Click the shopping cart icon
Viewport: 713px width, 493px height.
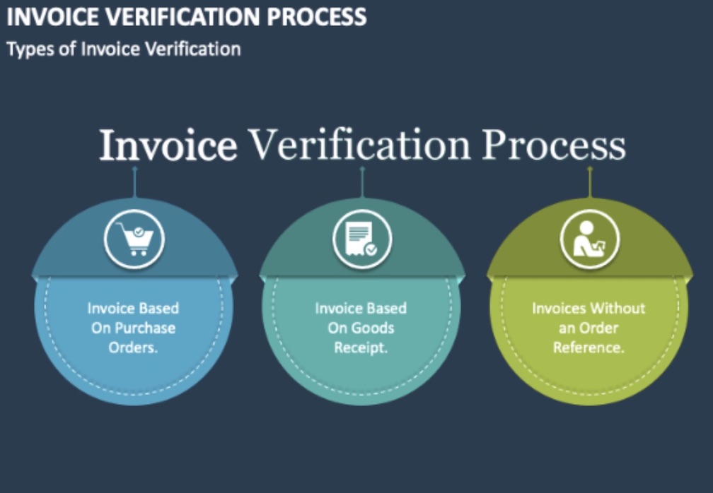tap(135, 239)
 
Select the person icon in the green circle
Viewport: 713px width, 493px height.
tap(589, 239)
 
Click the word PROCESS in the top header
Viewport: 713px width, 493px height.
tap(316, 17)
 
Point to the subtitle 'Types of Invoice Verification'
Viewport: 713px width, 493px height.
tap(124, 49)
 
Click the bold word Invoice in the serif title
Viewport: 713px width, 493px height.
tap(168, 145)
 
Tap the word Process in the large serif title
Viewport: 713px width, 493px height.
tap(553, 145)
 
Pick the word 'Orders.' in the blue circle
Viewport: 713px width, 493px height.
tap(133, 348)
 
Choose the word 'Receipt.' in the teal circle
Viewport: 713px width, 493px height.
tap(361, 348)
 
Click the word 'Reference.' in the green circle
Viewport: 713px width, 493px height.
tap(589, 348)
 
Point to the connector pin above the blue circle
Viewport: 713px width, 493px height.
tap(134, 182)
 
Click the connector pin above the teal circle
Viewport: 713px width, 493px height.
tap(362, 182)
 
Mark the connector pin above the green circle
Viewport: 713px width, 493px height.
tap(590, 182)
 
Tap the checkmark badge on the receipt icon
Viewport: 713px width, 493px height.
tap(371, 249)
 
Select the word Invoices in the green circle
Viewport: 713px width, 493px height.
tap(559, 308)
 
